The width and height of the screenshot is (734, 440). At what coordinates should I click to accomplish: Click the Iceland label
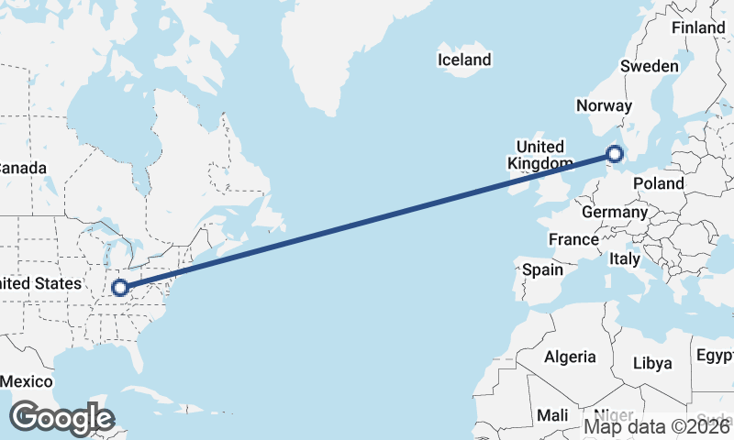click(x=464, y=60)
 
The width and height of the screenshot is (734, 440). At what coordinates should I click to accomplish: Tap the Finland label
click(x=697, y=28)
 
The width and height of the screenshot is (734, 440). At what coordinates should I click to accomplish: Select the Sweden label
click(x=649, y=66)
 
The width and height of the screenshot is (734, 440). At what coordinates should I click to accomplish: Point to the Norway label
click(x=604, y=106)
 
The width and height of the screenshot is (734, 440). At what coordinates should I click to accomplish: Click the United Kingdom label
click(x=540, y=155)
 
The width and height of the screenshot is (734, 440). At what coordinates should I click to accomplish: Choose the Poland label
click(x=658, y=183)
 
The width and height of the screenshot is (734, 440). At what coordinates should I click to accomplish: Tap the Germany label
click(x=615, y=212)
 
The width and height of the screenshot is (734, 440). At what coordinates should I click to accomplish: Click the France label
click(x=573, y=240)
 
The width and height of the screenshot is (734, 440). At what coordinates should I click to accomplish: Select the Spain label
click(x=542, y=270)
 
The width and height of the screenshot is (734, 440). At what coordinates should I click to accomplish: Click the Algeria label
click(x=570, y=357)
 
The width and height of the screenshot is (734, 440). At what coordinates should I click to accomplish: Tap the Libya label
click(x=652, y=363)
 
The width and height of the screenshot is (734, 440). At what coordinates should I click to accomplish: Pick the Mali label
click(x=552, y=415)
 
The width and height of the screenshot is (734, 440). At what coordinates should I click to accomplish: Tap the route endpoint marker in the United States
click(x=119, y=289)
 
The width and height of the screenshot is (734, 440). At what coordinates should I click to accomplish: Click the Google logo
click(x=61, y=418)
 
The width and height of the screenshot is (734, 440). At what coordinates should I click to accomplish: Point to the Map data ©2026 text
click(x=658, y=426)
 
